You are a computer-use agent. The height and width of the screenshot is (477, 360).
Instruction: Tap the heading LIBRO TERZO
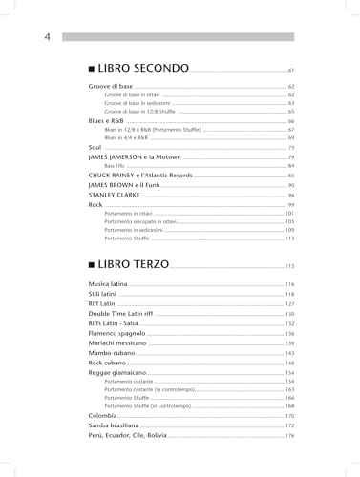click(135, 264)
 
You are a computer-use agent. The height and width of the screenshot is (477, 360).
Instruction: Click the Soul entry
click(95, 147)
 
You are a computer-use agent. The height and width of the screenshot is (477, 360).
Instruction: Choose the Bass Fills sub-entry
click(116, 165)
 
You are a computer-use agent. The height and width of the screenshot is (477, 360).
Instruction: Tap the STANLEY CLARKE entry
click(117, 195)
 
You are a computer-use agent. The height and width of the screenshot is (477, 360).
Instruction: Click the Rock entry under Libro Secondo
click(95, 204)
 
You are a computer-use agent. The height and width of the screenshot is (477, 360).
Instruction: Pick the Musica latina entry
click(111, 284)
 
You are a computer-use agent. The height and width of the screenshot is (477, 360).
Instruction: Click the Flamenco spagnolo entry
click(119, 333)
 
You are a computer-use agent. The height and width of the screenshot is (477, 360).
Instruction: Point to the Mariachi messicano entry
click(122, 342)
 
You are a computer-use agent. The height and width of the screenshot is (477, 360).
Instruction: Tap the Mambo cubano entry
click(114, 353)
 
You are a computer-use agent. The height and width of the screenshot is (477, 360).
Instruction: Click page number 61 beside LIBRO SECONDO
click(290, 72)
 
